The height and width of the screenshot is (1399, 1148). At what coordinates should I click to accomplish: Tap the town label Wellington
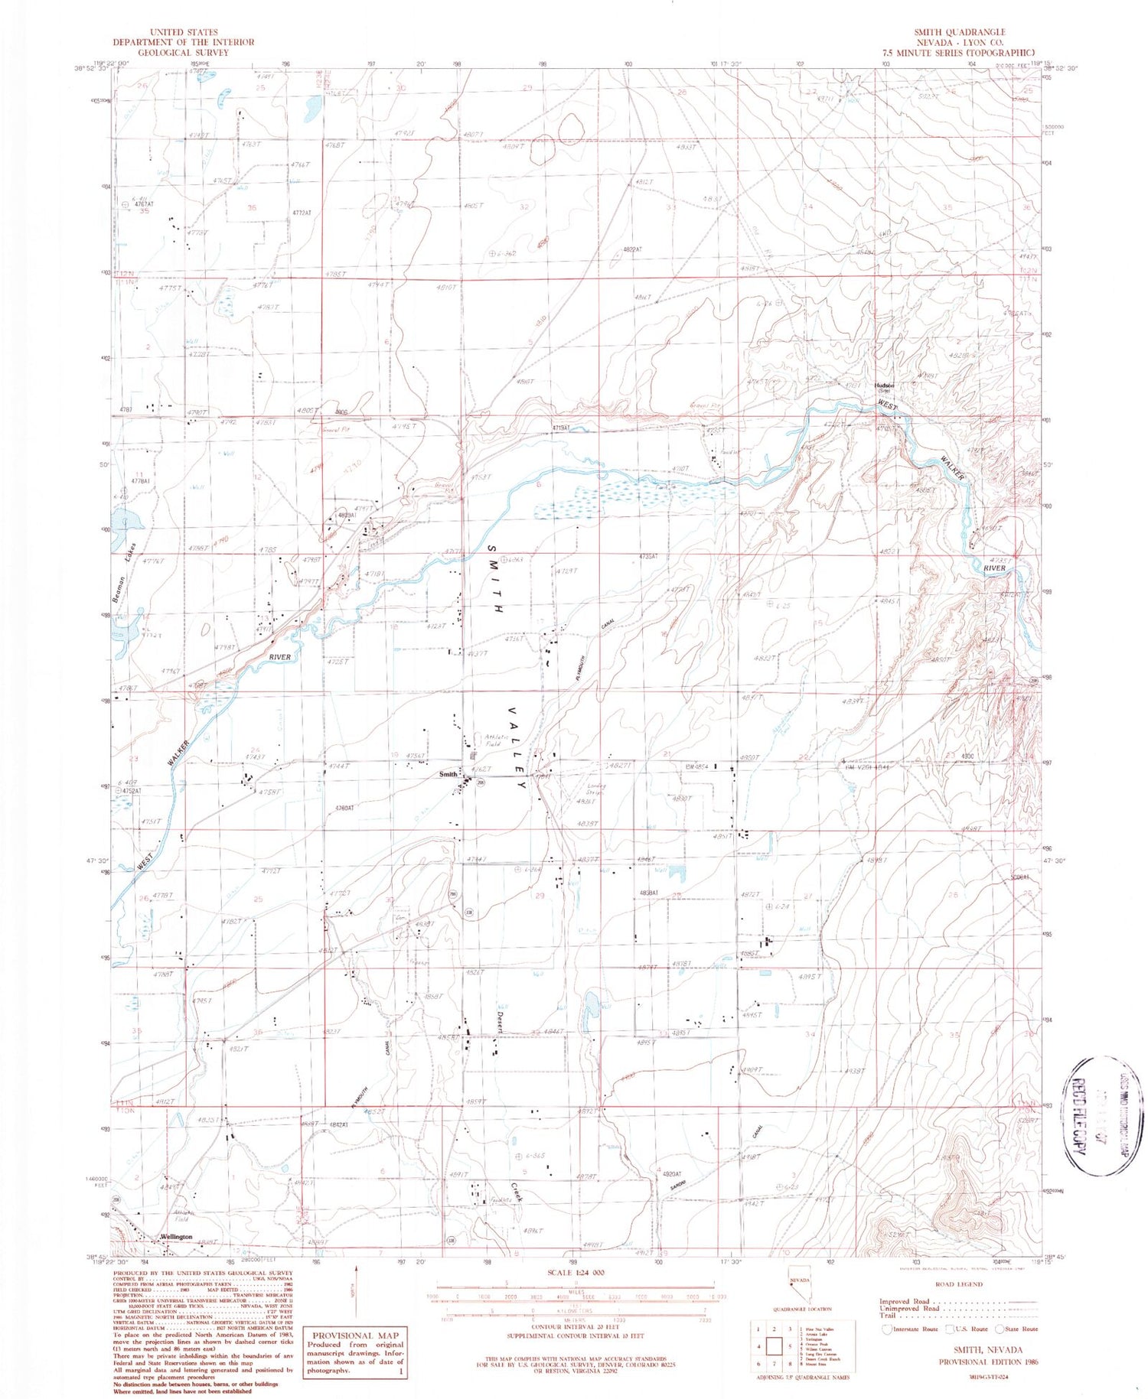(x=177, y=1237)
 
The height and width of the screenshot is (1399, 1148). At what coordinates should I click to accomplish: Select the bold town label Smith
(x=448, y=774)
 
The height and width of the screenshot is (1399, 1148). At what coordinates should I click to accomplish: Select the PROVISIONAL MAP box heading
(x=354, y=1336)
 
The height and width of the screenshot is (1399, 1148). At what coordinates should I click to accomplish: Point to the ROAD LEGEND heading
(x=957, y=1284)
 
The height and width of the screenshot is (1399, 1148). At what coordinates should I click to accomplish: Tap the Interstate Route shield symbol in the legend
(x=888, y=1329)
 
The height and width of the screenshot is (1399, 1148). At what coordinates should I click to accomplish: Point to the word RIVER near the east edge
(x=994, y=568)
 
